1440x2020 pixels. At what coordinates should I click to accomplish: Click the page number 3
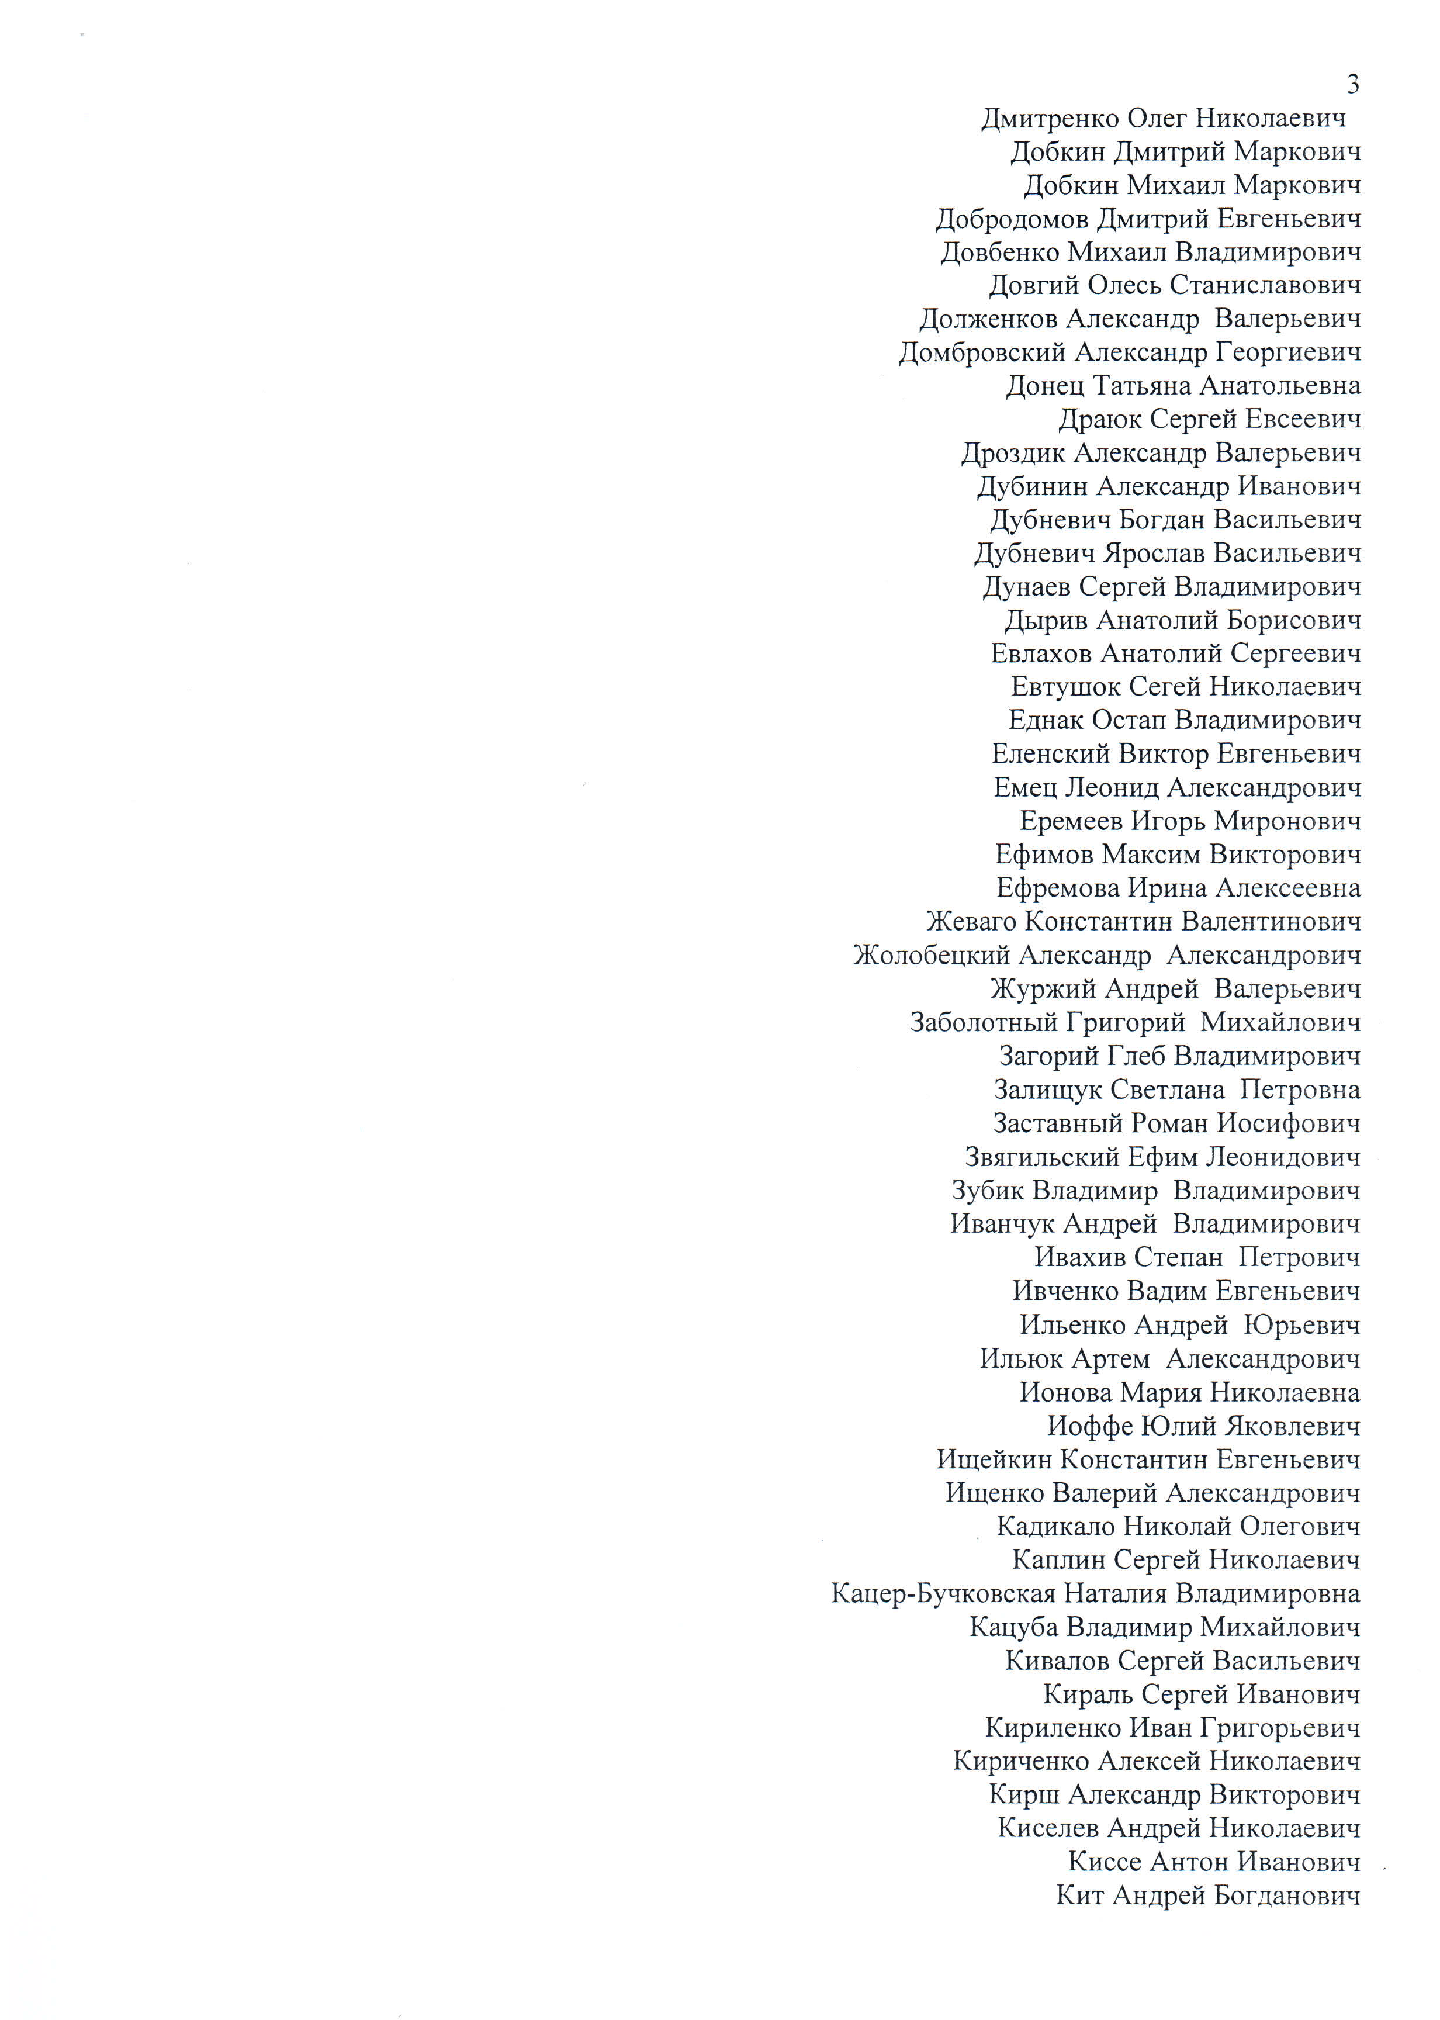1352,85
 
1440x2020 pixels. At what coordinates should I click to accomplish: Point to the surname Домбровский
982,353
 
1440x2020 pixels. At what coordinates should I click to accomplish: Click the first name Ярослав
1154,554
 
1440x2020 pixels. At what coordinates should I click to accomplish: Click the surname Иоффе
1089,1427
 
